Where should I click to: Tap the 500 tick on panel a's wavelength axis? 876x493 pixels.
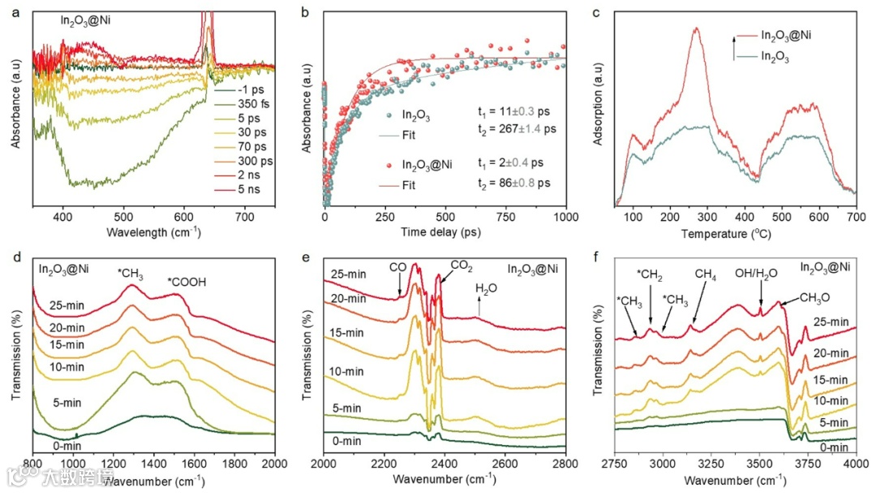124,218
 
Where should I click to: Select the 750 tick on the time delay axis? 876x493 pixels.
505,218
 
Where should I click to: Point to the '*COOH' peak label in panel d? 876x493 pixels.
188,282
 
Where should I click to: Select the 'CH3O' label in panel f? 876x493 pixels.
818,296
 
